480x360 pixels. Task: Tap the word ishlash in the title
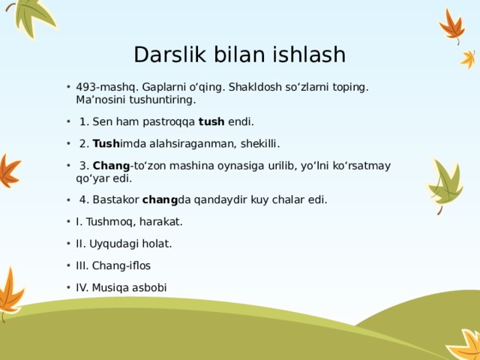[309, 55]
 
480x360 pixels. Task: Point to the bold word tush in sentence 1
[211, 121]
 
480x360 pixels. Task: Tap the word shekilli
[257, 143]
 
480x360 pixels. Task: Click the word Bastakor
[115, 199]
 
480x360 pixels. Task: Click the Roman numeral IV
[82, 287]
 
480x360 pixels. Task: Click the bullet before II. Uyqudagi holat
[68, 244]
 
